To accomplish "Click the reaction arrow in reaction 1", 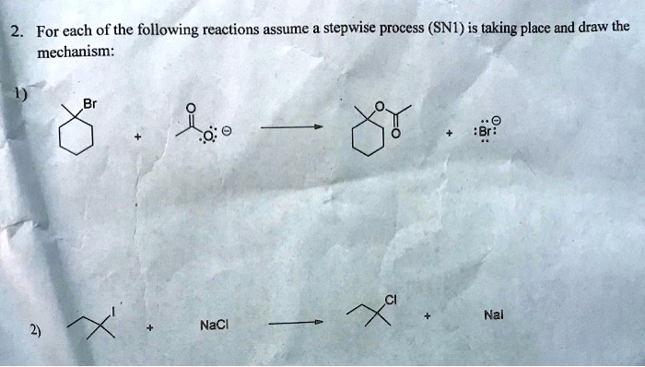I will pos(290,130).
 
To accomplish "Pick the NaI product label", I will pos(495,315).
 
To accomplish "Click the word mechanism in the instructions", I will pos(75,53).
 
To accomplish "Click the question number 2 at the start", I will pos(16,30).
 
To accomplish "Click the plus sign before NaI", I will pos(428,316).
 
